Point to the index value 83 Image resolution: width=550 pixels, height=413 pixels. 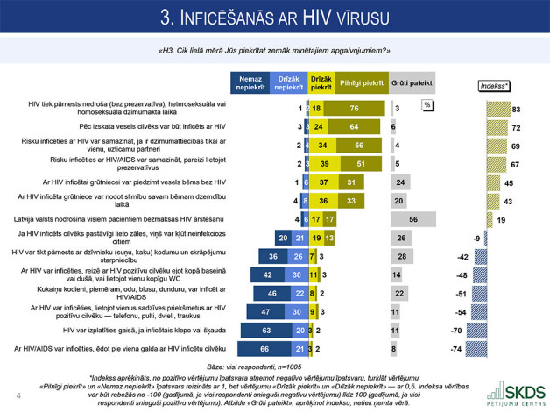pyautogui.click(x=518, y=108)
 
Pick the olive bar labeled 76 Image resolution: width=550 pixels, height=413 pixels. pyautogui.click(x=355, y=108)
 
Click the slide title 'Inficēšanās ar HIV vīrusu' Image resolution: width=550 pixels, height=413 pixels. pyautogui.click(x=275, y=19)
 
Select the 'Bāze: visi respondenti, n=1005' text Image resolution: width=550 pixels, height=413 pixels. pyautogui.click(x=274, y=365)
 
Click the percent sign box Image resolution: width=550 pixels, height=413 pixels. pyautogui.click(x=427, y=103)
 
